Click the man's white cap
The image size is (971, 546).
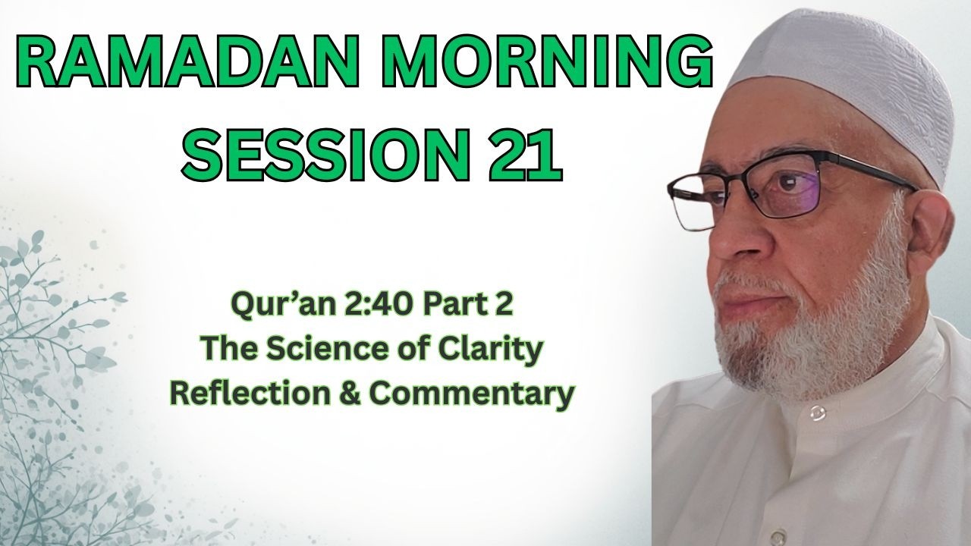pos(850,76)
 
